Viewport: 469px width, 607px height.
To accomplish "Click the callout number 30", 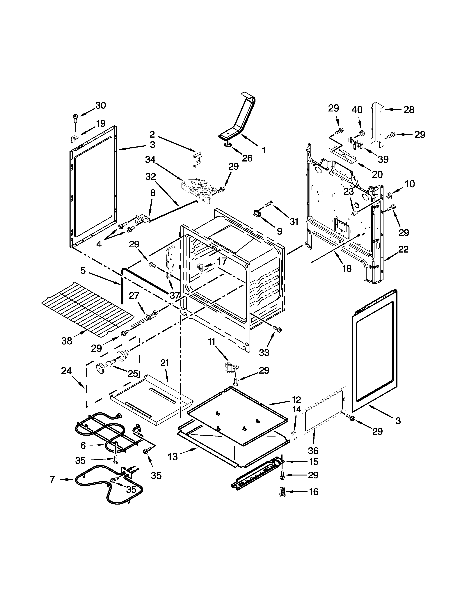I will tap(101, 105).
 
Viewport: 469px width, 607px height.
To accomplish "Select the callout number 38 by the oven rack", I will tap(67, 341).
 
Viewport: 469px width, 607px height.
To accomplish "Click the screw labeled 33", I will tap(277, 329).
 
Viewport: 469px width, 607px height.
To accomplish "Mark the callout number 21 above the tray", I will tap(165, 363).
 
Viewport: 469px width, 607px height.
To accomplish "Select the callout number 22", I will tap(403, 249).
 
